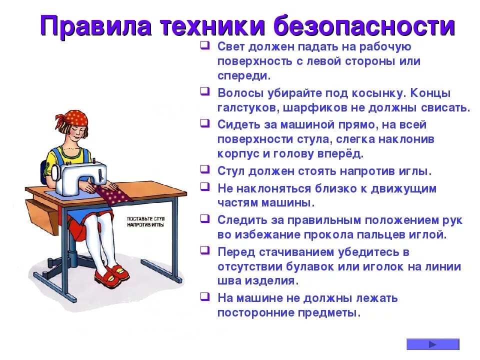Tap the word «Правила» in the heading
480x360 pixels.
click(94, 26)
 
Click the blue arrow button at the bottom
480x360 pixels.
click(432, 344)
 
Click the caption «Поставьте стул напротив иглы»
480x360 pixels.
click(145, 222)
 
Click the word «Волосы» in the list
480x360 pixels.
click(239, 93)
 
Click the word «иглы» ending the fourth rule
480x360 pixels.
click(416, 170)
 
